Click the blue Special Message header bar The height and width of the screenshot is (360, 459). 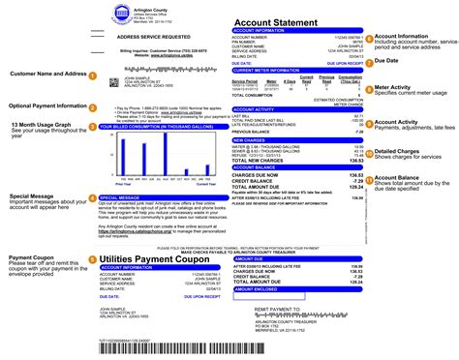[x=161, y=196]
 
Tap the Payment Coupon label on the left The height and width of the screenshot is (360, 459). [x=34, y=258]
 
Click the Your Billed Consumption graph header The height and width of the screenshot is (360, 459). [x=161, y=127]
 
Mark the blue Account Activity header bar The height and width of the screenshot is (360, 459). [x=294, y=110]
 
